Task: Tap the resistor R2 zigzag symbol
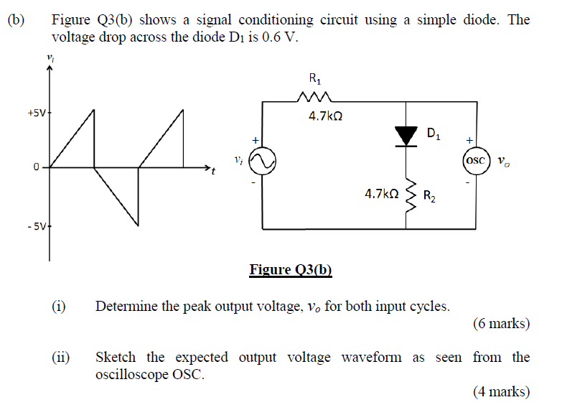pos(408,195)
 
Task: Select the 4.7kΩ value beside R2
pos(381,194)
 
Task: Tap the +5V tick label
pos(36,113)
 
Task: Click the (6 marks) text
pos(501,324)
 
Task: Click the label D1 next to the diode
pos(435,133)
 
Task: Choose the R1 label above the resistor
pos(314,78)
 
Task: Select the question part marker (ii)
pos(60,357)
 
